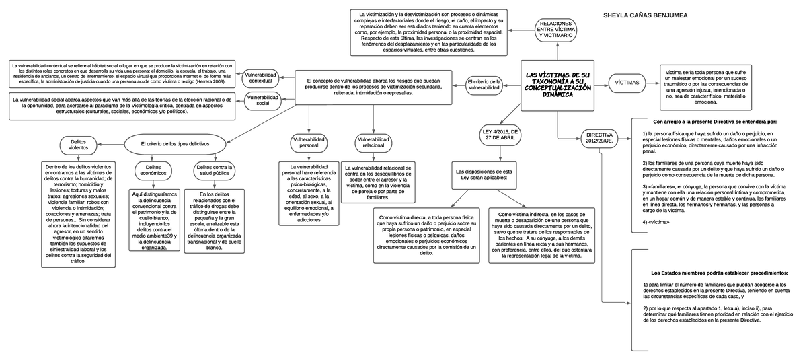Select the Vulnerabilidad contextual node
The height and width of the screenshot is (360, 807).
[x=260, y=77]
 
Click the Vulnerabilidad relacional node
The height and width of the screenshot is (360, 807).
[x=373, y=142]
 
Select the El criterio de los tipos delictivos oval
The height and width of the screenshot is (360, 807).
[x=175, y=144]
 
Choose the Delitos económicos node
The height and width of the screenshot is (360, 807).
[x=153, y=170]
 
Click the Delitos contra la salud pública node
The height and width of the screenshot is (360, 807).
[x=214, y=170]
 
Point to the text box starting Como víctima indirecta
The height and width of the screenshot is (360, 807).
[x=541, y=235]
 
